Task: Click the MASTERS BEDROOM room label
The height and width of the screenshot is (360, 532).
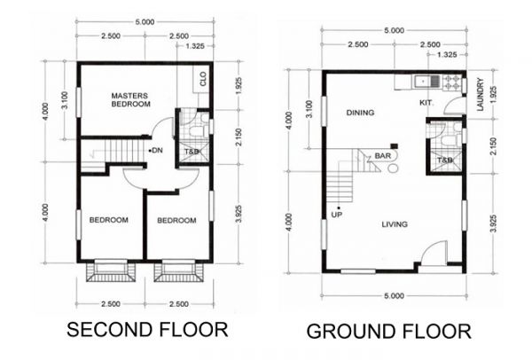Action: pyautogui.click(x=129, y=99)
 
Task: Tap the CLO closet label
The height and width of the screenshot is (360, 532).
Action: pyautogui.click(x=203, y=77)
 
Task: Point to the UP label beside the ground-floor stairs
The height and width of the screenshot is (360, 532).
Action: pyautogui.click(x=337, y=215)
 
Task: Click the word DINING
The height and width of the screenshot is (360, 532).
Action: pyautogui.click(x=361, y=113)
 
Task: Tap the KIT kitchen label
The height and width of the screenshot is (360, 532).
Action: pyautogui.click(x=426, y=103)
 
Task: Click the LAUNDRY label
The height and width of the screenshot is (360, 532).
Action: pyautogui.click(x=480, y=96)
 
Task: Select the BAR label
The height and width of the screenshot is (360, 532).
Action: pyautogui.click(x=383, y=156)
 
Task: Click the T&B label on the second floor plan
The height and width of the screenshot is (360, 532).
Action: pyautogui.click(x=192, y=153)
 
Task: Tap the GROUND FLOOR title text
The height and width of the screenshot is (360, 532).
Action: pyautogui.click(x=388, y=332)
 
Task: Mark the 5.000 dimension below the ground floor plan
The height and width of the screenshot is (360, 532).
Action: pyautogui.click(x=394, y=295)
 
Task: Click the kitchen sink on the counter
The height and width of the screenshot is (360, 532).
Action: pyautogui.click(x=425, y=82)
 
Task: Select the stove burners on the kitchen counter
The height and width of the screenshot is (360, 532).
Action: pyautogui.click(x=451, y=82)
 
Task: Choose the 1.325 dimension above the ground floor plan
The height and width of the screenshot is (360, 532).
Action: pyautogui.click(x=448, y=55)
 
